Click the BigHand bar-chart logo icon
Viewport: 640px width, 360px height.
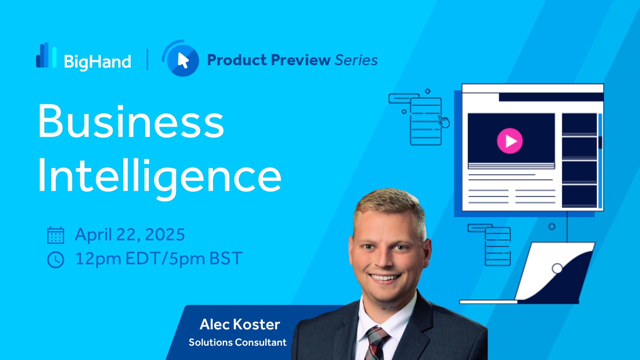46,55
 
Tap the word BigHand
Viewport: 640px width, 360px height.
98,62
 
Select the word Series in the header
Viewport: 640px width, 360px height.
356,60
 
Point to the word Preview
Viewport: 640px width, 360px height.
301,60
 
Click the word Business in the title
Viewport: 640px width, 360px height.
131,121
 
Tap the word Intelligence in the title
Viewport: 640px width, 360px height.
160,177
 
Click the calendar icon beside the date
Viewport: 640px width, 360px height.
56,235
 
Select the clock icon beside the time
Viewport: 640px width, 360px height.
56,260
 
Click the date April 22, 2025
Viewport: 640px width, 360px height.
130,235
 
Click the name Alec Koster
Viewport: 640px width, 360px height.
240,324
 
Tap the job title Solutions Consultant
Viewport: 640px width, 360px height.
238,342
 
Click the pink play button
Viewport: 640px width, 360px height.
510,141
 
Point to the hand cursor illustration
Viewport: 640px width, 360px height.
444,122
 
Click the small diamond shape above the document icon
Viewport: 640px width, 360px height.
428,91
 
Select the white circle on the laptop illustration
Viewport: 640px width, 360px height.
557,268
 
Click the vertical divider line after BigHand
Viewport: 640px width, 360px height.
147,60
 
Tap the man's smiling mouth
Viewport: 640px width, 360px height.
385,277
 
